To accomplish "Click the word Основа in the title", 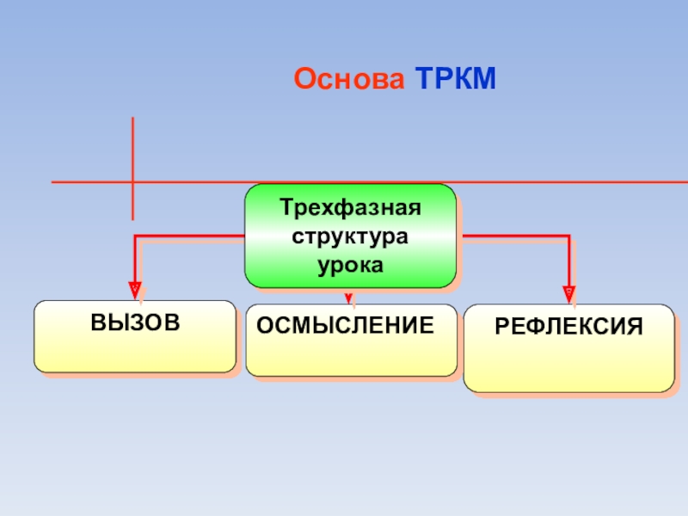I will pyautogui.click(x=349, y=79).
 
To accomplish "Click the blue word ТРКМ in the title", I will pyautogui.click(x=456, y=79).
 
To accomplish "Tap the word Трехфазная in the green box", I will pyautogui.click(x=350, y=210).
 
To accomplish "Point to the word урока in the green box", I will pyautogui.click(x=350, y=265).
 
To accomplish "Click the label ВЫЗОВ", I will pyautogui.click(x=135, y=323).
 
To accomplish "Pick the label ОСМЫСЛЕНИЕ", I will pyautogui.click(x=345, y=325).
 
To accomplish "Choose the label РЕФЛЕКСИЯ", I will pyautogui.click(x=568, y=327).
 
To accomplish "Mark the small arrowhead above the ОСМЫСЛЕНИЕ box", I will pyautogui.click(x=348, y=298).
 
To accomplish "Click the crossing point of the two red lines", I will pyautogui.click(x=133, y=182).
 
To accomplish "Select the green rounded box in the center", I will pyautogui.click(x=350, y=236).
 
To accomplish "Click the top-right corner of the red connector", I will pyautogui.click(x=568, y=235).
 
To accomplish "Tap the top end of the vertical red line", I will pyautogui.click(x=133, y=119).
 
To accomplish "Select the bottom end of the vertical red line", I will pyautogui.click(x=133, y=218).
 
